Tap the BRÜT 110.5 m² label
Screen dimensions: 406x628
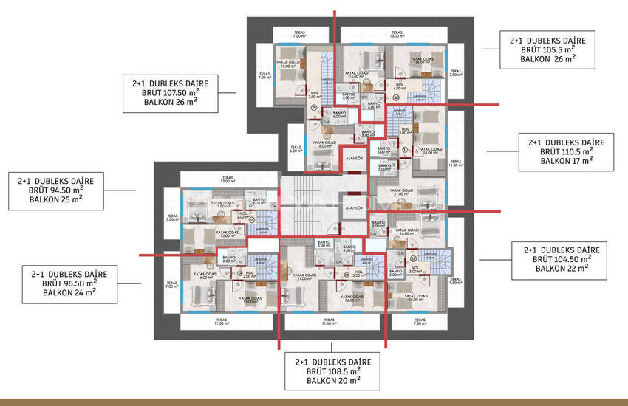[566, 151]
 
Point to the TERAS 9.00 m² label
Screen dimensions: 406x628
[454, 280]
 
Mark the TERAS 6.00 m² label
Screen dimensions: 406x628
[296, 149]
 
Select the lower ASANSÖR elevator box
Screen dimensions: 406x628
[354, 208]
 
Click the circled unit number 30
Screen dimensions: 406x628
[395, 97]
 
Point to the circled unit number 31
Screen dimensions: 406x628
[405, 149]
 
